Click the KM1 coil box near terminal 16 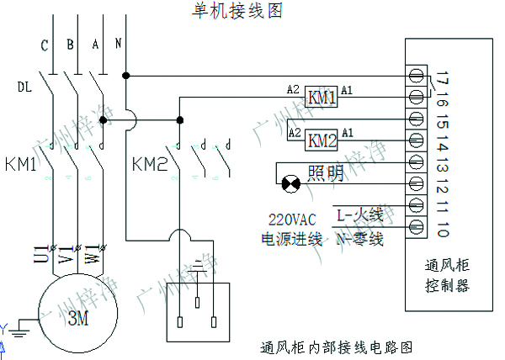pos(322,98)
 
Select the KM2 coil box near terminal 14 pos(322,139)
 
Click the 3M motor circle pos(77,317)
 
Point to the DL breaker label pos(24,86)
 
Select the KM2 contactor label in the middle pos(151,163)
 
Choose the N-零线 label pos(359,240)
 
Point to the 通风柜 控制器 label pos(446,275)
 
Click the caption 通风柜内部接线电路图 pos(337,347)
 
